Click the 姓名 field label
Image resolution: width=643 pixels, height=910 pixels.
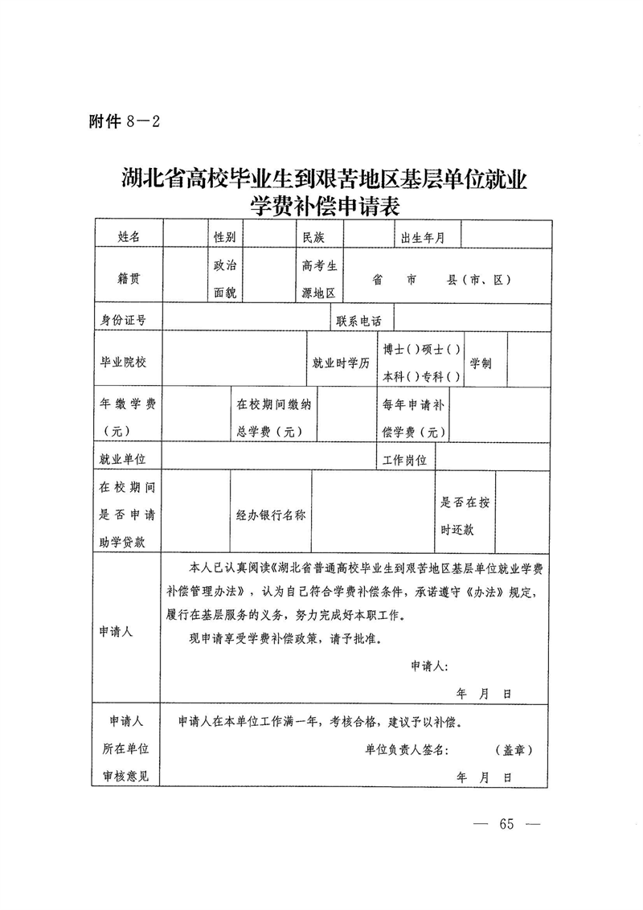tap(129, 236)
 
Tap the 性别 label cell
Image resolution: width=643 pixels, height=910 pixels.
tap(224, 236)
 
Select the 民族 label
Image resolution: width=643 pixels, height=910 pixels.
tap(312, 236)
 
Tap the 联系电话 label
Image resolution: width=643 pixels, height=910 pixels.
tap(359, 320)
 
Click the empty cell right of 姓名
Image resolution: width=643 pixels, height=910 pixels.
tap(185, 236)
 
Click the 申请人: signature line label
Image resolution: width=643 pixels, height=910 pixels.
tap(430, 666)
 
